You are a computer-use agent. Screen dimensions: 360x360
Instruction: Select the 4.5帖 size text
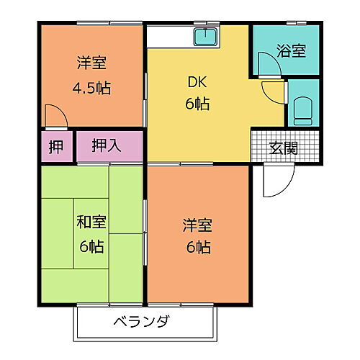tap(92, 89)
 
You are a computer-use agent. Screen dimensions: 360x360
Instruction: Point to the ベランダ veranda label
tap(141, 322)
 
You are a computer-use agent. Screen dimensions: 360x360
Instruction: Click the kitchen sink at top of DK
tap(207, 37)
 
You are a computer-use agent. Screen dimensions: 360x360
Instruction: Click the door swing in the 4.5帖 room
tap(52, 115)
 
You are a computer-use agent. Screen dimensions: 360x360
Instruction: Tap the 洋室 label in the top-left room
tap(92, 63)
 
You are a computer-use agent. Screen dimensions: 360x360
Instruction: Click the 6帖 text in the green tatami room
tap(91, 246)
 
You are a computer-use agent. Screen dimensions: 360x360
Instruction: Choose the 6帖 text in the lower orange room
tap(196, 248)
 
